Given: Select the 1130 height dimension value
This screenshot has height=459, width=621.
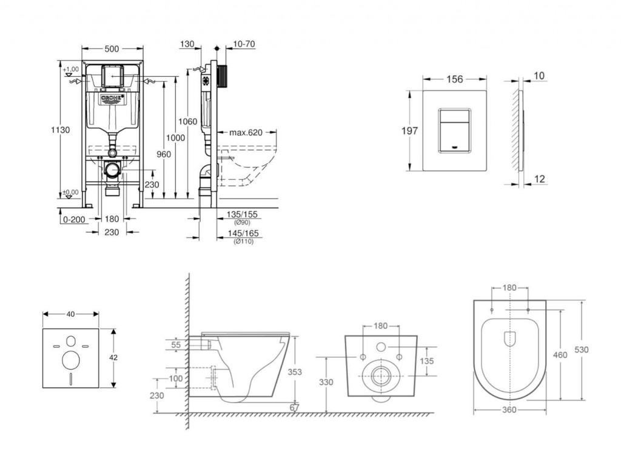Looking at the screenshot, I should (x=60, y=130).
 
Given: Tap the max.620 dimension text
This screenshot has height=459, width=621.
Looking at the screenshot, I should (x=246, y=131).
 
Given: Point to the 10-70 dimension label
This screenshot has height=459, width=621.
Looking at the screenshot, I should (x=243, y=44).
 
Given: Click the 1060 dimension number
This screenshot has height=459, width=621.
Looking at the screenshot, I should (x=189, y=122).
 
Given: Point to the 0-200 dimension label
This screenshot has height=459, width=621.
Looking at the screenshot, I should (x=73, y=219).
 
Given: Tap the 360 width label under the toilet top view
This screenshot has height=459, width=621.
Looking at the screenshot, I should (x=509, y=410).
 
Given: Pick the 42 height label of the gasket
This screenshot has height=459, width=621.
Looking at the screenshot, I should (x=113, y=358).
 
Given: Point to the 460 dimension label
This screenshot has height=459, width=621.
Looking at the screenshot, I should (x=560, y=355).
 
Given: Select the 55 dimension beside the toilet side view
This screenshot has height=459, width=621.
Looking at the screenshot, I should (x=176, y=344).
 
